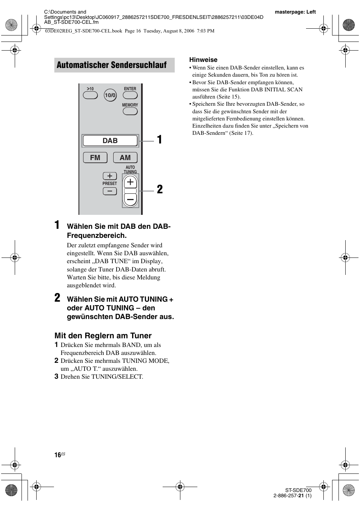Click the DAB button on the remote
coord(110,141)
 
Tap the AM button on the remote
coord(125,157)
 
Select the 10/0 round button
coord(110,95)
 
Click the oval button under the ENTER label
coord(130,95)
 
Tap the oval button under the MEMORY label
coord(130,111)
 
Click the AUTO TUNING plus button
coord(130,182)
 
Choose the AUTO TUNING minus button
coord(130,199)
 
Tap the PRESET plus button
coord(110,176)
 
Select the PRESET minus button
coord(110,191)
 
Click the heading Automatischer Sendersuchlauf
coord(112,65)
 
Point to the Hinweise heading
coord(203,60)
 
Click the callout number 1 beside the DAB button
coord(160,140)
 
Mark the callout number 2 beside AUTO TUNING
coord(160,190)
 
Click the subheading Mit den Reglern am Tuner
coord(103,336)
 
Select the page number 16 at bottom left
coord(58,455)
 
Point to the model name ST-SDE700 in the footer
coord(298,490)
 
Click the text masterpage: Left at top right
coord(295,12)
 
